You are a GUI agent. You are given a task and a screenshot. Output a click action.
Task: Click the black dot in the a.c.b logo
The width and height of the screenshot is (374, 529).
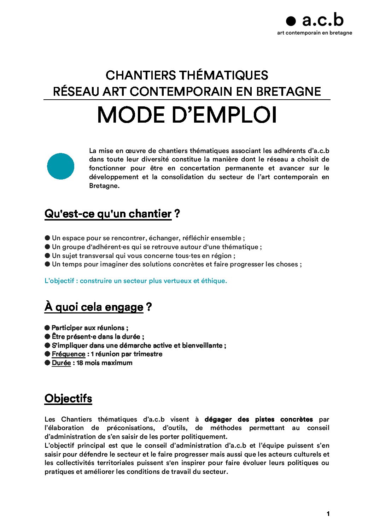pos(291,21)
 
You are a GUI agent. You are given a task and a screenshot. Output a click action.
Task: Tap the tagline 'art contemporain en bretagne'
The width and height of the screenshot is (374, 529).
pos(314,33)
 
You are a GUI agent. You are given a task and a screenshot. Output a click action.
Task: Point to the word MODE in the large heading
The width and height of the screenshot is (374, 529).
pos(131,115)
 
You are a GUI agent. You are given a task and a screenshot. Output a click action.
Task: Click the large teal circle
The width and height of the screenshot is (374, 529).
pos(60,166)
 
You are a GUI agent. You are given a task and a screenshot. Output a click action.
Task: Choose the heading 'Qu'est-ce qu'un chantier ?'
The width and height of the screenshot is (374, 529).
pos(112,214)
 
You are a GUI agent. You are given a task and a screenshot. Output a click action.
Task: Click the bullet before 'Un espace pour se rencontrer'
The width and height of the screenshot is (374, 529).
pos(47,238)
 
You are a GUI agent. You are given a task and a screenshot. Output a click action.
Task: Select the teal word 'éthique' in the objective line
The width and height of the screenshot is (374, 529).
pos(214,281)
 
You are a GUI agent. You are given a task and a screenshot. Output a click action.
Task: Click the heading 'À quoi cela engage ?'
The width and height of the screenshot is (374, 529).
pos(98,307)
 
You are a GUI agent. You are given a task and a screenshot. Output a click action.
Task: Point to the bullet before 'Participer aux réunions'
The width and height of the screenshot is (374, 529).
pos(47,328)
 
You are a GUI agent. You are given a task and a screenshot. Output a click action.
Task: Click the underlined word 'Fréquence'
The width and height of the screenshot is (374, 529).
pos(68,354)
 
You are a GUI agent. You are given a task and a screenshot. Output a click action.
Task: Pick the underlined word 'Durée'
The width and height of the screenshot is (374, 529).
pos(61,363)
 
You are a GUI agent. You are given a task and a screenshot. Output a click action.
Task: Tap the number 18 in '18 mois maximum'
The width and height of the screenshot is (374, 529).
pos(80,363)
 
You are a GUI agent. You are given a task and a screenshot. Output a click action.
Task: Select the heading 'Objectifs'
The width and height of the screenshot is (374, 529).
pos(68,399)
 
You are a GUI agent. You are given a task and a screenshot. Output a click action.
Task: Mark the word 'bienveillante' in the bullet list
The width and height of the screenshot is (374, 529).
pos(202,345)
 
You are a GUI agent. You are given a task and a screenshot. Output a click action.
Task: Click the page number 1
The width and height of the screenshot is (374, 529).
pos(328,514)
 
